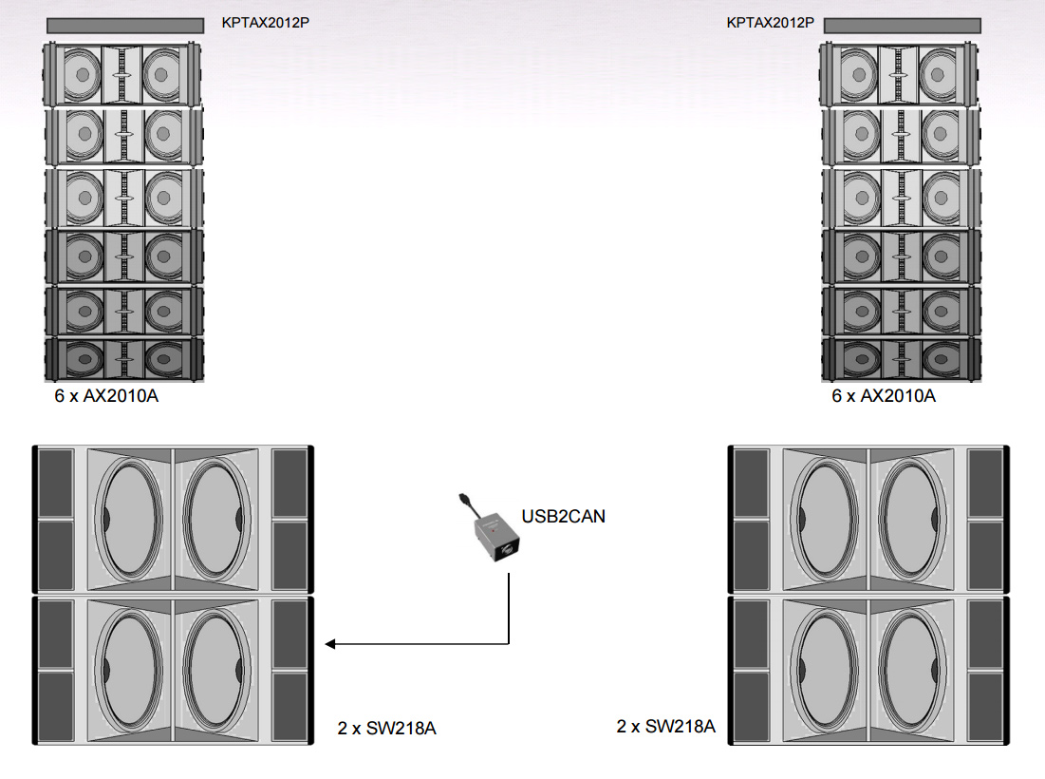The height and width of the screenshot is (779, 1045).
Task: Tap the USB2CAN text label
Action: tap(563, 517)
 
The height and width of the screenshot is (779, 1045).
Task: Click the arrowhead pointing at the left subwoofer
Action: tap(330, 644)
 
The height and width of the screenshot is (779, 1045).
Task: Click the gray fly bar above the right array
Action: tap(900, 25)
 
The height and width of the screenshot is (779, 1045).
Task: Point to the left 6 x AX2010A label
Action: tap(106, 396)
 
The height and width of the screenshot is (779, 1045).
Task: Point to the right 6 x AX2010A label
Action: tap(884, 396)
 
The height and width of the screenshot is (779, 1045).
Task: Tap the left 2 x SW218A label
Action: tap(386, 729)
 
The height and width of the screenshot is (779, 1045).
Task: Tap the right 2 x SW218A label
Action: tap(665, 727)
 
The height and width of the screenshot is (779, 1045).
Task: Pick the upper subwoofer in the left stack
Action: tap(173, 519)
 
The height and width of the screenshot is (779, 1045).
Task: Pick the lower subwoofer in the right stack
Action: tap(868, 671)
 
